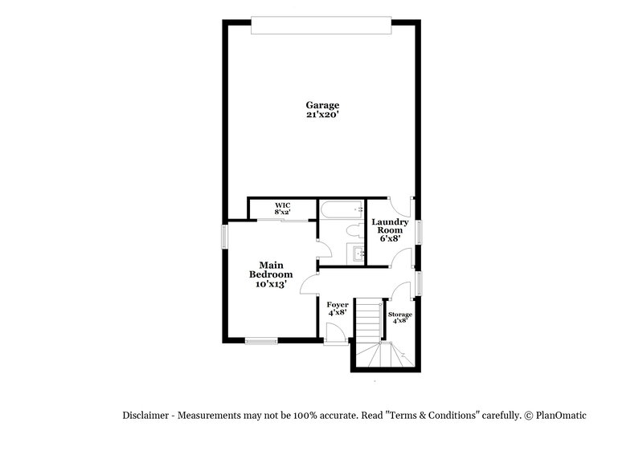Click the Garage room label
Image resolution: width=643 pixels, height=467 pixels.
pos(321,105)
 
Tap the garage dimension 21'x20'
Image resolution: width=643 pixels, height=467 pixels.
pos(321,115)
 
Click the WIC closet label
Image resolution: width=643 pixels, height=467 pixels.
pos(281,206)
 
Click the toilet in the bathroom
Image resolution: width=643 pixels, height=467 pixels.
pos(351,231)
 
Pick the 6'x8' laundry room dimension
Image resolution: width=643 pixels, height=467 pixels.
pos(389,238)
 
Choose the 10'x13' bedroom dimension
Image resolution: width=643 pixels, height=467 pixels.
pos(270,284)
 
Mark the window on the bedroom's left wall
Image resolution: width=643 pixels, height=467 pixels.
pos(225,237)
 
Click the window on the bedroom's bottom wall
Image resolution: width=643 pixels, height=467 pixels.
pos(261,342)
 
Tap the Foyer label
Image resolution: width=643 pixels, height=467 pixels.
pos(337,304)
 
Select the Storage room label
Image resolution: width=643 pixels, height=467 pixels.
pos(399,315)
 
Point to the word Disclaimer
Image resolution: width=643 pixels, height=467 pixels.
pos(145,416)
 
